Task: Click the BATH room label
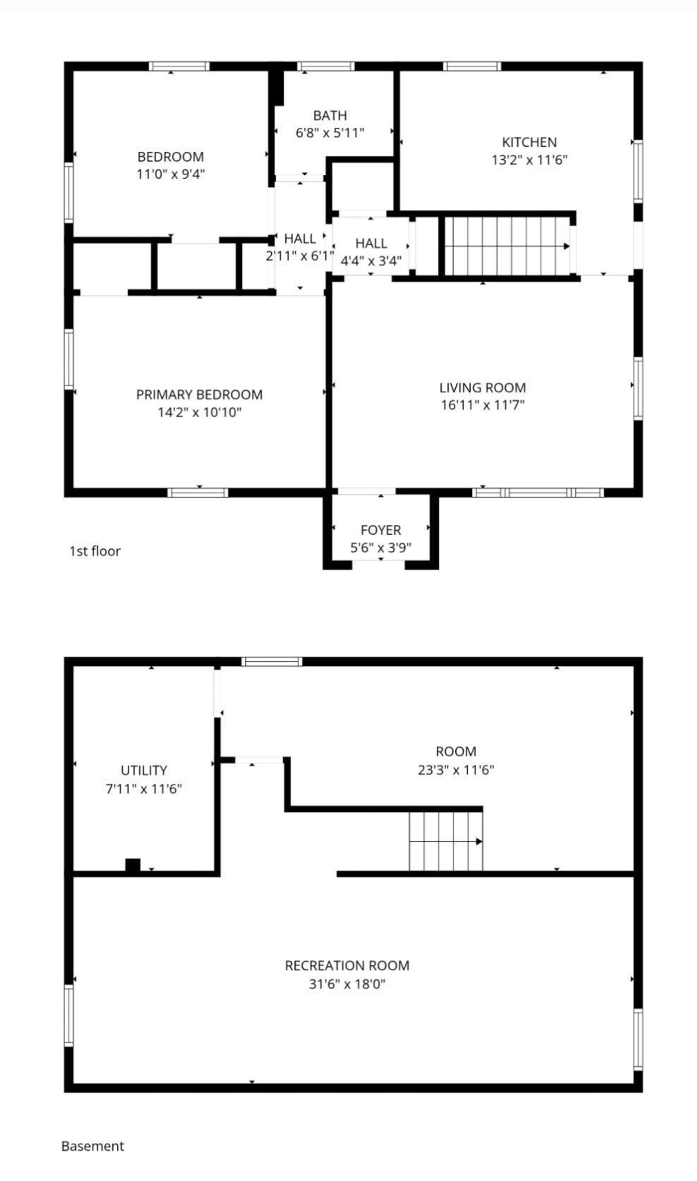[x=330, y=115]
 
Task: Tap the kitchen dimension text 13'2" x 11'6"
[x=529, y=160]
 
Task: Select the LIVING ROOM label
[x=482, y=388]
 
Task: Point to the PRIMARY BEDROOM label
[x=199, y=394]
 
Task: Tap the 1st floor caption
[x=95, y=551]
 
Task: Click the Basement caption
[x=93, y=1146]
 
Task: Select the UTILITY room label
[x=144, y=770]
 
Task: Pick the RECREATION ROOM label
[x=347, y=966]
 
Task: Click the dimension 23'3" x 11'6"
[x=456, y=770]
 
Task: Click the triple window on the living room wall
[x=538, y=492]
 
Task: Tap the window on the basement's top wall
[x=272, y=662]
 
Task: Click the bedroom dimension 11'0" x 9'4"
[x=171, y=174]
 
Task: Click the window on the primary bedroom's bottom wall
[x=198, y=492]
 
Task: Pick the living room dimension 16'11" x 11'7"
[x=482, y=405]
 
